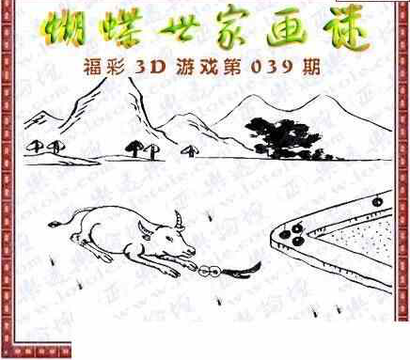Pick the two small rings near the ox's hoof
tap(209, 271)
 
